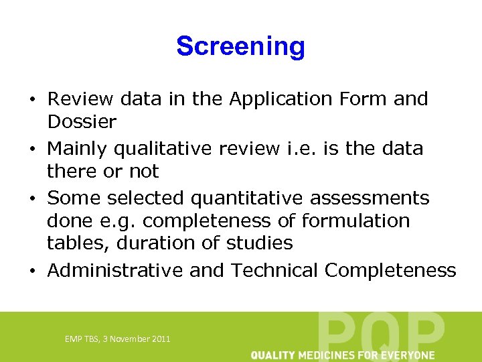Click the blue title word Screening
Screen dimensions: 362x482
coord(240,46)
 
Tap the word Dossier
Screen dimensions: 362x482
coord(82,122)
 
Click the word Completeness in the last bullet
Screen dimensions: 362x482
coord(390,271)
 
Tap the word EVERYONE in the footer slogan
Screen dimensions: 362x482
coord(409,355)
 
